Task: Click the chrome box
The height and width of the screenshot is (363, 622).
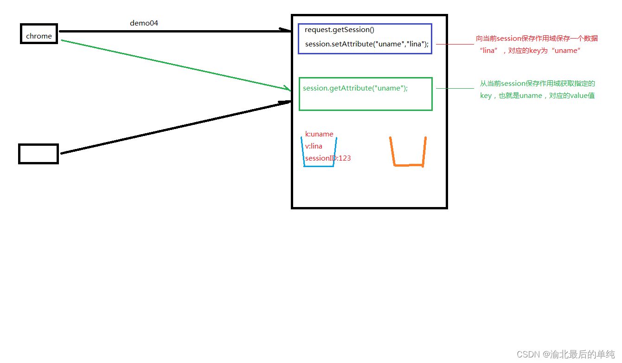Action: (39, 34)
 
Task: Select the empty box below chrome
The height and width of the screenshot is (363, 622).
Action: (38, 154)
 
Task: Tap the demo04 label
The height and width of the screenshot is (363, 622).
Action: (144, 23)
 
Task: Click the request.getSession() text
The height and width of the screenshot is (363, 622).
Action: (339, 30)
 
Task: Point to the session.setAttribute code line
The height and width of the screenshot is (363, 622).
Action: (367, 44)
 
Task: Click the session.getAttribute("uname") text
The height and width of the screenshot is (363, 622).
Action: (355, 88)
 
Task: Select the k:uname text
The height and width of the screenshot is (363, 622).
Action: (319, 134)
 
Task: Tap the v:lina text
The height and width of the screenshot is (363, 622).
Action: (314, 146)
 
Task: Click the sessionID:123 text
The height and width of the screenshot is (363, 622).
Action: (328, 158)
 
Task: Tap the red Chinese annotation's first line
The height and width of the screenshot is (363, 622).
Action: (537, 39)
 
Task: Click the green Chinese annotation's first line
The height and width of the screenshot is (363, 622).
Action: (537, 84)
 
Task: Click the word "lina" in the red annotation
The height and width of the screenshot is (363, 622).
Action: (489, 51)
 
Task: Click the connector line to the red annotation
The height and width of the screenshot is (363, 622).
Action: (455, 45)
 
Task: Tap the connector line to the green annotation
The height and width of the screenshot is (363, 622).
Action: (455, 88)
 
